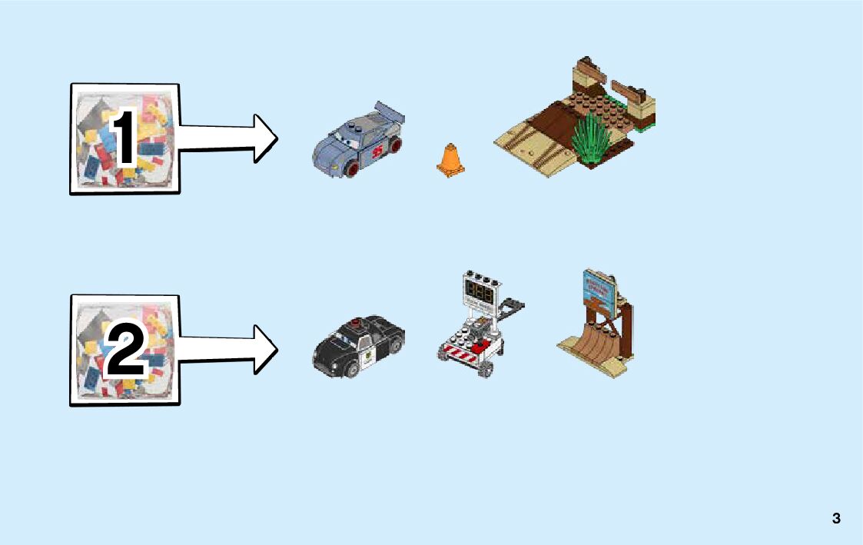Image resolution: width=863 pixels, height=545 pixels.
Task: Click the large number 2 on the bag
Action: pos(125,349)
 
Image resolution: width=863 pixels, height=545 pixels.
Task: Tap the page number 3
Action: pos(836,518)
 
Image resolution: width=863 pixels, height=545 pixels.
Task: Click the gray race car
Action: pos(358,142)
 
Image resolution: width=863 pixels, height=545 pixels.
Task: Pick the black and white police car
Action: pos(358,345)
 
